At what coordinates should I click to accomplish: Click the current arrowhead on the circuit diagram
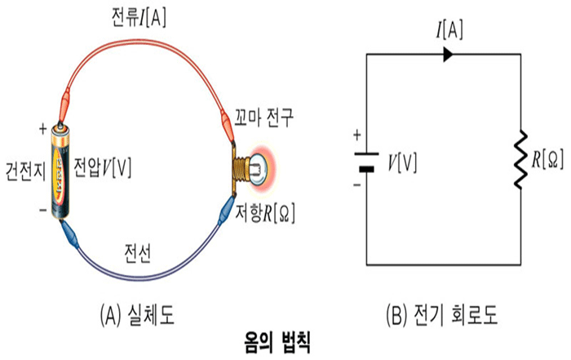pos(448,55)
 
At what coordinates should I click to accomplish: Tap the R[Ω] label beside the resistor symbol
pos(548,158)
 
